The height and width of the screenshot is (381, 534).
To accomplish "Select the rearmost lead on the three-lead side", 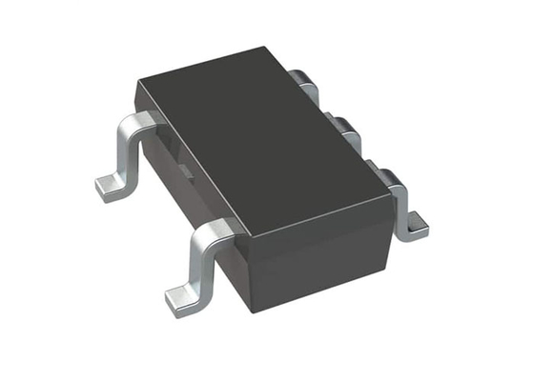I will click(x=303, y=80).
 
